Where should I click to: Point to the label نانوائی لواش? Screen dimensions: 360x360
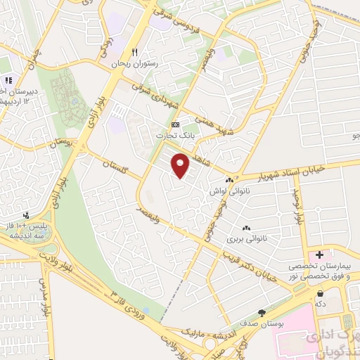pyautogui.click(x=226, y=191)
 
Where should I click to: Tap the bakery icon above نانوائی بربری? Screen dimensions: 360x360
pyautogui.click(x=246, y=228)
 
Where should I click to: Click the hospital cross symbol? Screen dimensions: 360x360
pyautogui.click(x=320, y=254)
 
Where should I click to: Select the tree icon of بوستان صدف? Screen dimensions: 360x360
pyautogui.click(x=262, y=313)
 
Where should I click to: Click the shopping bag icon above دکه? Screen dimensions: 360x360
pyautogui.click(x=321, y=292)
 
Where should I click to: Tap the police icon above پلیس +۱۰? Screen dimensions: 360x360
pyautogui.click(x=27, y=214)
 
